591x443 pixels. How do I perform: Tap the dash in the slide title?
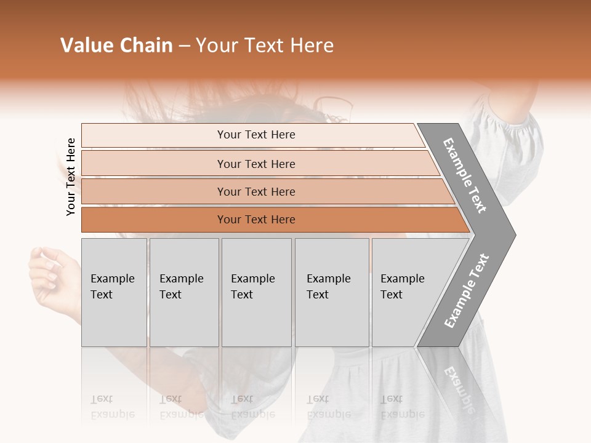(x=183, y=46)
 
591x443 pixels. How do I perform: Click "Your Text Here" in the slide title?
(x=265, y=46)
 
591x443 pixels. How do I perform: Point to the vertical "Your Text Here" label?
(x=71, y=177)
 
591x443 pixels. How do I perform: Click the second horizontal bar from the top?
(x=256, y=164)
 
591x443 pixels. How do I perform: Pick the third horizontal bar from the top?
(x=256, y=191)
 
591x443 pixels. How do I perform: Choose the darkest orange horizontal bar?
(x=256, y=220)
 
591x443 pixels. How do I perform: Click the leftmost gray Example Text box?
(x=114, y=292)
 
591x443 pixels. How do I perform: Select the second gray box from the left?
(x=183, y=292)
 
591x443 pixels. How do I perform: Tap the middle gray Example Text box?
(x=256, y=292)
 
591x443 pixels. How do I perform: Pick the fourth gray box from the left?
(x=332, y=292)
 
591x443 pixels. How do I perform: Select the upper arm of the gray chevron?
(x=465, y=175)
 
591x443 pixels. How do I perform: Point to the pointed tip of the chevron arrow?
(x=513, y=234)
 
